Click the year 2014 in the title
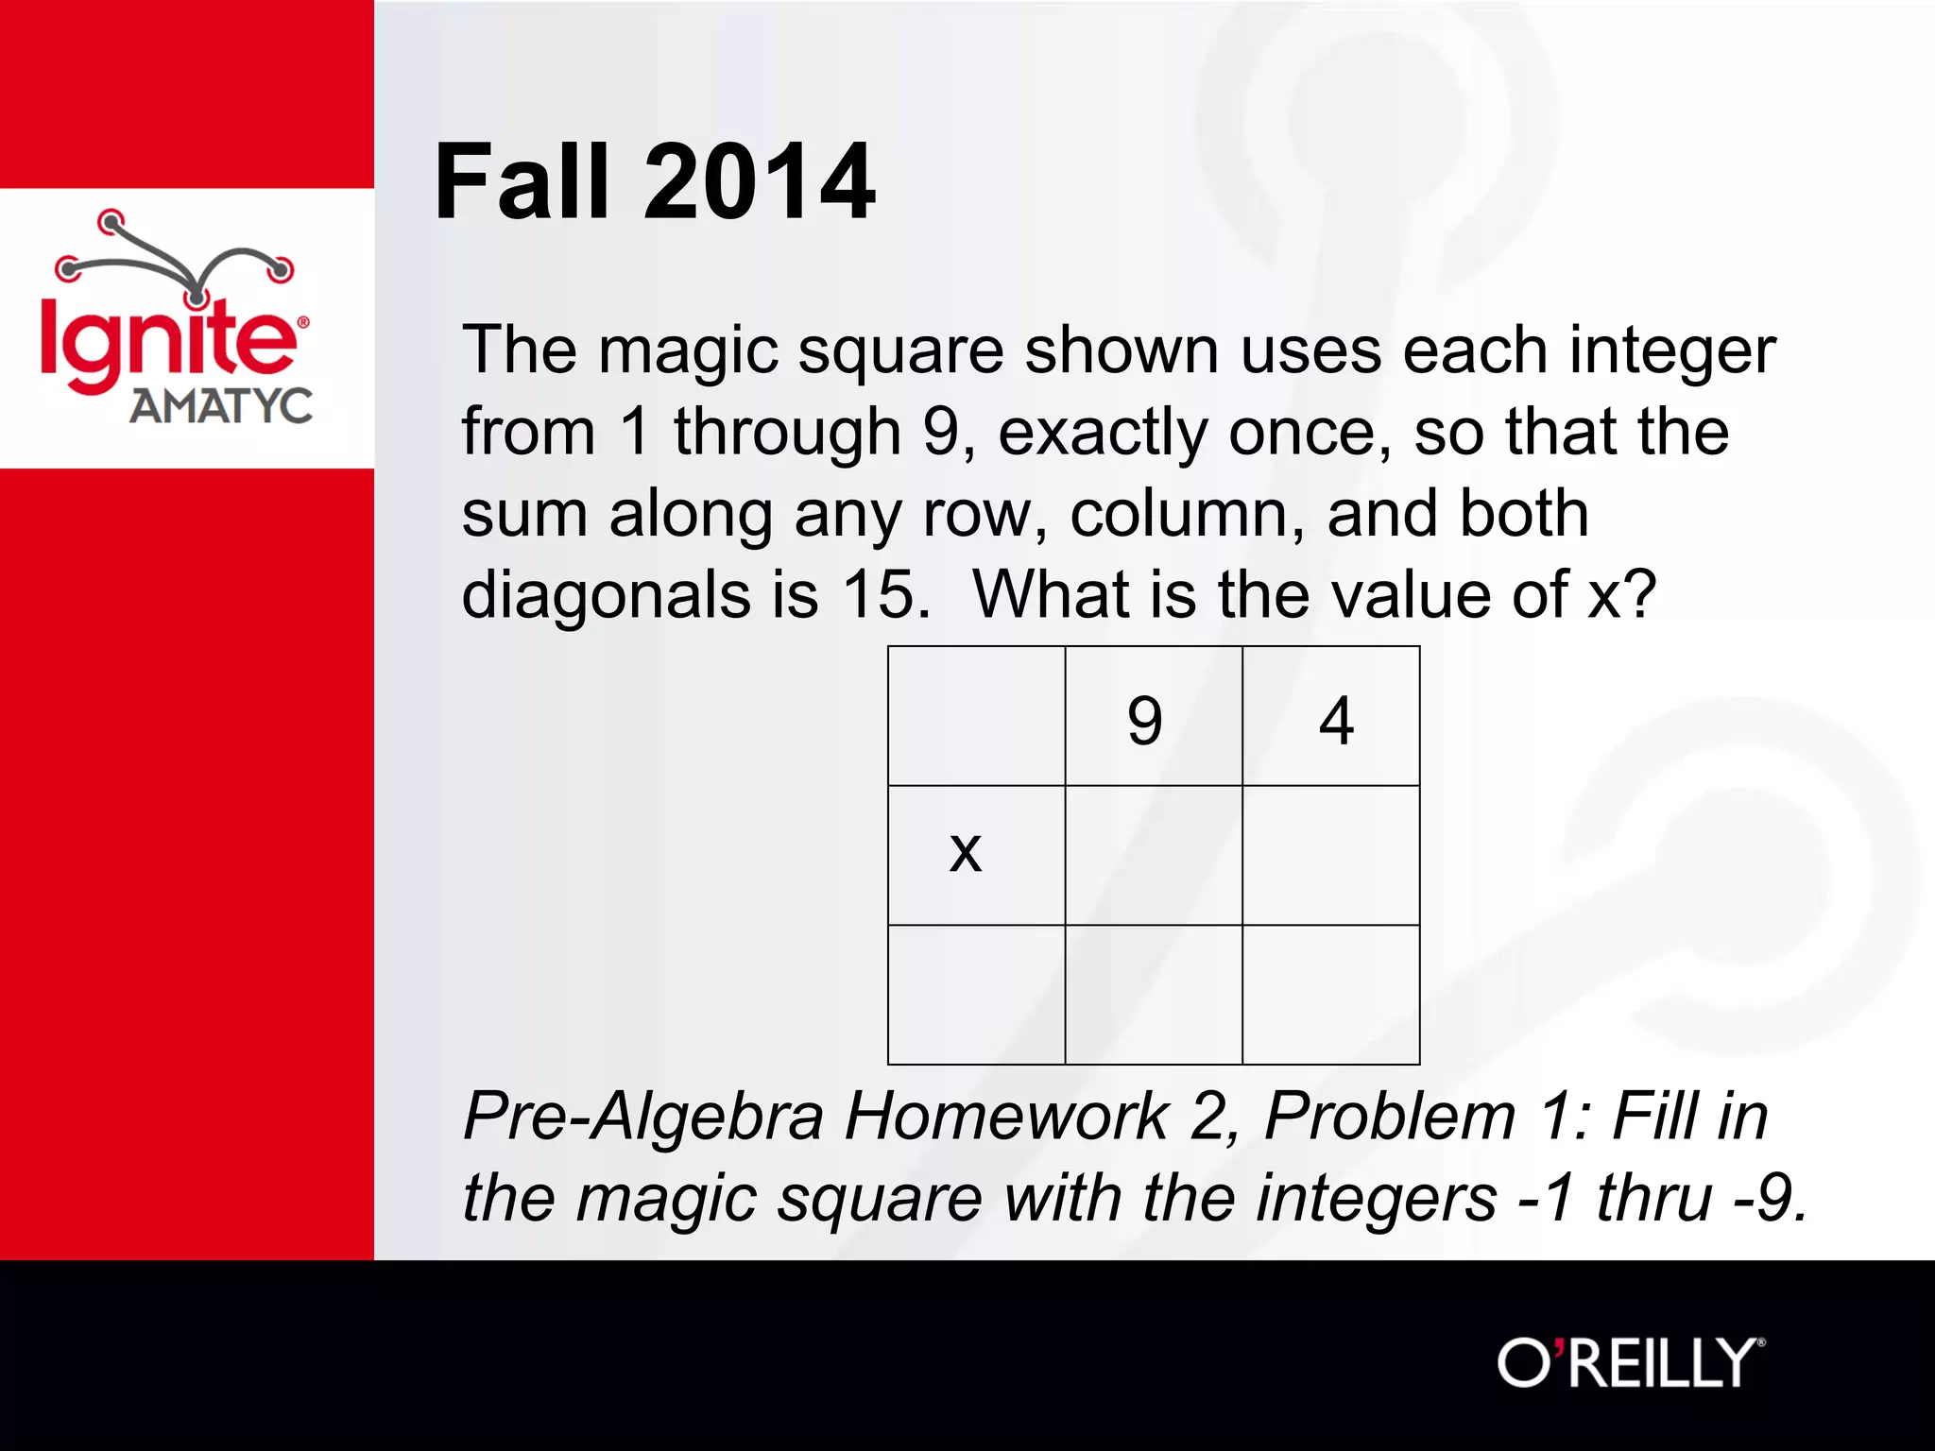tap(760, 181)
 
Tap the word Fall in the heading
tap(522, 181)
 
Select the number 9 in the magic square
tap(1144, 720)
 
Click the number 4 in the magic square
tap(1336, 720)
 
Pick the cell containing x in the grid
tap(976, 854)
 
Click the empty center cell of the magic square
tap(1154, 854)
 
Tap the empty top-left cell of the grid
tap(976, 716)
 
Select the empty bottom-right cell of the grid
tap(1330, 994)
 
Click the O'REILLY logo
tap(1630, 1362)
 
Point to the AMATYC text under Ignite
tap(221, 406)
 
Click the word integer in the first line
tap(1672, 351)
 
